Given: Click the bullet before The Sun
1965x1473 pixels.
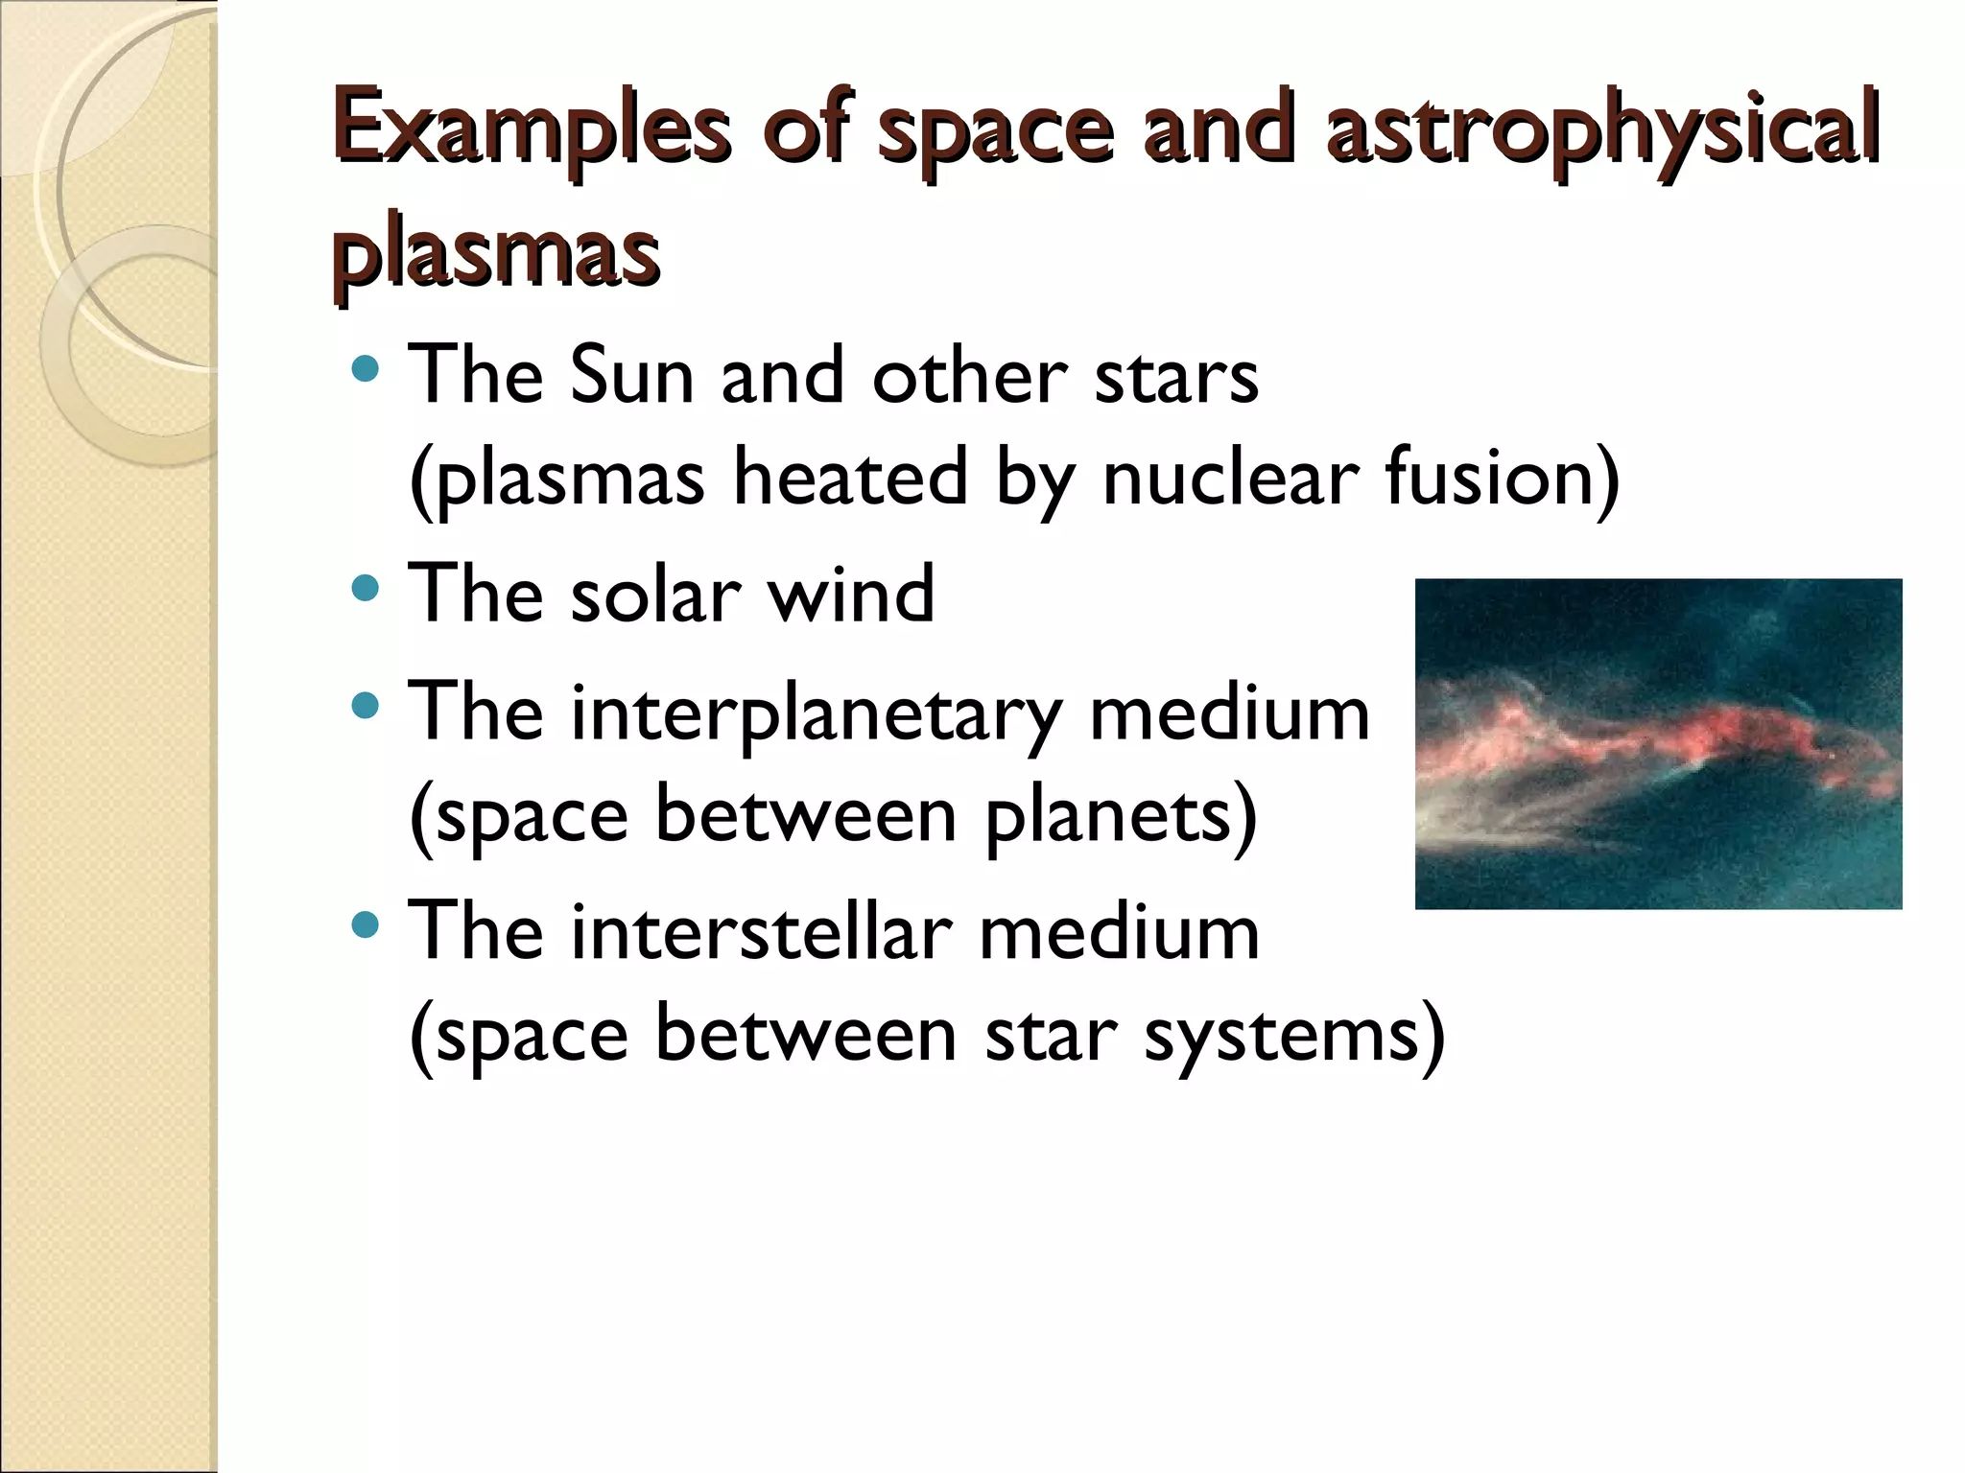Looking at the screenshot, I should (x=366, y=368).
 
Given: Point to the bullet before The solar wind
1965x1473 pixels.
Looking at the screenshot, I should (x=366, y=588).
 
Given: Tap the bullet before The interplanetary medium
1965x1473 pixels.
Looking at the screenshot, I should (x=366, y=707).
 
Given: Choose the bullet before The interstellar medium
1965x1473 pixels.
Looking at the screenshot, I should (x=366, y=925).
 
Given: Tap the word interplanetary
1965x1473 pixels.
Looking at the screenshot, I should (x=816, y=714).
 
